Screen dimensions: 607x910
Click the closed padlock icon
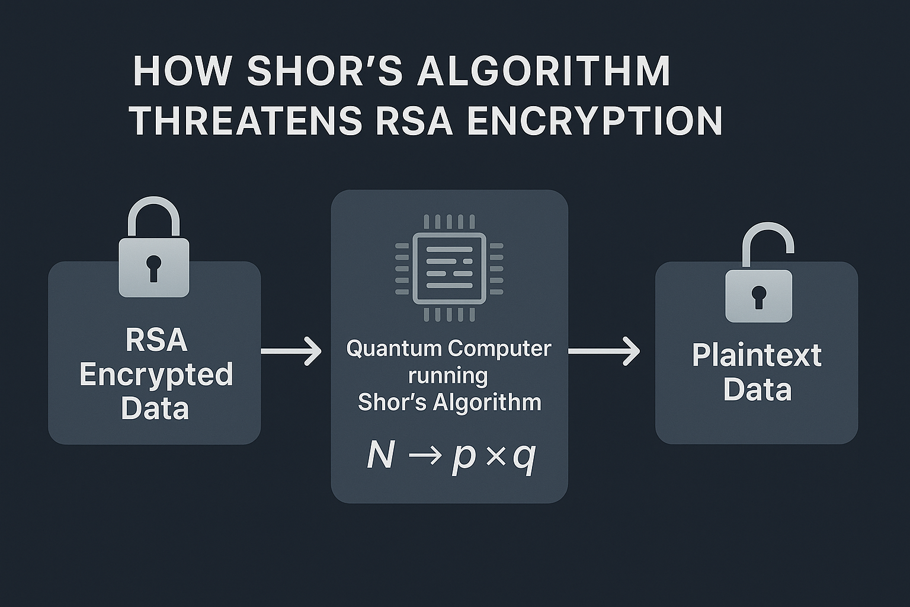[x=154, y=249]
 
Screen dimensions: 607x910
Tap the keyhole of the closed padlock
[x=154, y=268]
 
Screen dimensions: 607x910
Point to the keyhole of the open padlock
[x=759, y=296]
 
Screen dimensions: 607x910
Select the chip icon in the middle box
[x=449, y=267]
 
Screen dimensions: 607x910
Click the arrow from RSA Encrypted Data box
[x=291, y=351]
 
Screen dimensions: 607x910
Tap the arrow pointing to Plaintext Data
[x=604, y=351]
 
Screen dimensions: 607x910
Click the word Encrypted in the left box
[x=156, y=375]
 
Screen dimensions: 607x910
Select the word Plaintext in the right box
[x=757, y=356]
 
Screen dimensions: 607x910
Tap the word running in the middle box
[x=448, y=375]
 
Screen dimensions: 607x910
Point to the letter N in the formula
[x=380, y=456]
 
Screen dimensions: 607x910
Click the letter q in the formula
[x=524, y=457]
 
